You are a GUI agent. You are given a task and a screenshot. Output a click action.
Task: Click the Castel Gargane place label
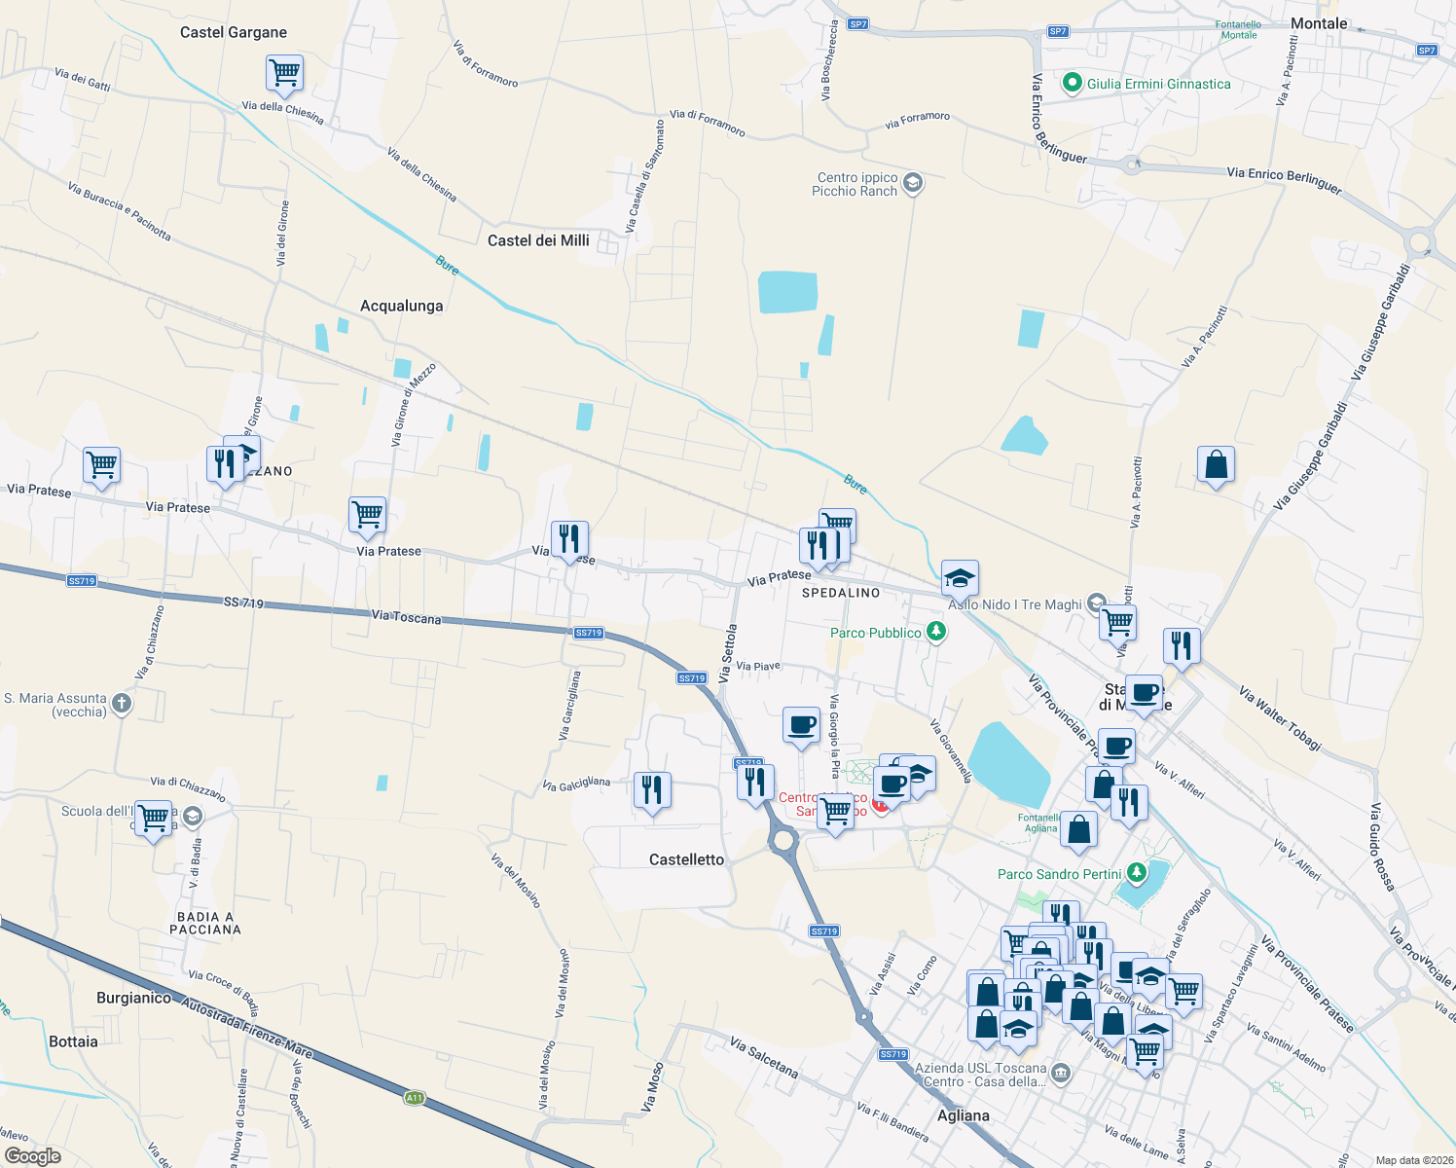234,32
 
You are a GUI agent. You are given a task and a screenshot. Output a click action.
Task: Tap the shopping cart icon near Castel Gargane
284,72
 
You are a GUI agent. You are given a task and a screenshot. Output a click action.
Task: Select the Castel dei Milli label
538,240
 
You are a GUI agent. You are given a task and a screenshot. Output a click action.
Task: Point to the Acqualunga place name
401,306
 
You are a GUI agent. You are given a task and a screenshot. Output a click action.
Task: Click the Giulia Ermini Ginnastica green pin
1073,84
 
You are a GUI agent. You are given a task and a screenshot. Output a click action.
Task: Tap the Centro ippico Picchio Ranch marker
912,183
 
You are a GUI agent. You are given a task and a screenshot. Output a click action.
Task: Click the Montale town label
1319,23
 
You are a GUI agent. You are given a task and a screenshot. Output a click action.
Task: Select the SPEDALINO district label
841,593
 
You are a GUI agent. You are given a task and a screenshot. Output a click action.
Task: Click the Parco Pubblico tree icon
935,633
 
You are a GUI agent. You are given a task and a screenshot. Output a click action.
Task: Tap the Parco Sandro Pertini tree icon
1136,873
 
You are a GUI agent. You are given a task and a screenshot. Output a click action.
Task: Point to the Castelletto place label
686,859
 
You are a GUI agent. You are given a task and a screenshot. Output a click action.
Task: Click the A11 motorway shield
415,1098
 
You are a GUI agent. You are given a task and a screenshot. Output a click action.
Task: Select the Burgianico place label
134,998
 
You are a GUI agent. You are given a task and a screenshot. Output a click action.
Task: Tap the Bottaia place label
73,1041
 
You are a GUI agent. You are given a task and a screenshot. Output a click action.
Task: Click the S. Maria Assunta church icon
122,704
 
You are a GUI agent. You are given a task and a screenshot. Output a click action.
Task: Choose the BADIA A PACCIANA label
204,923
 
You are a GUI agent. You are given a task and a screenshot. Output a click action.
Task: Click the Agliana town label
963,1115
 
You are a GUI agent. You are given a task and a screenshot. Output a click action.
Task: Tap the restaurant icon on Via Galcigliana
652,789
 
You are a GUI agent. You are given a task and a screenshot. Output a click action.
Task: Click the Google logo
32,1156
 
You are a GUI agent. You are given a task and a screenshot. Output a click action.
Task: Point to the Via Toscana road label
406,616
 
